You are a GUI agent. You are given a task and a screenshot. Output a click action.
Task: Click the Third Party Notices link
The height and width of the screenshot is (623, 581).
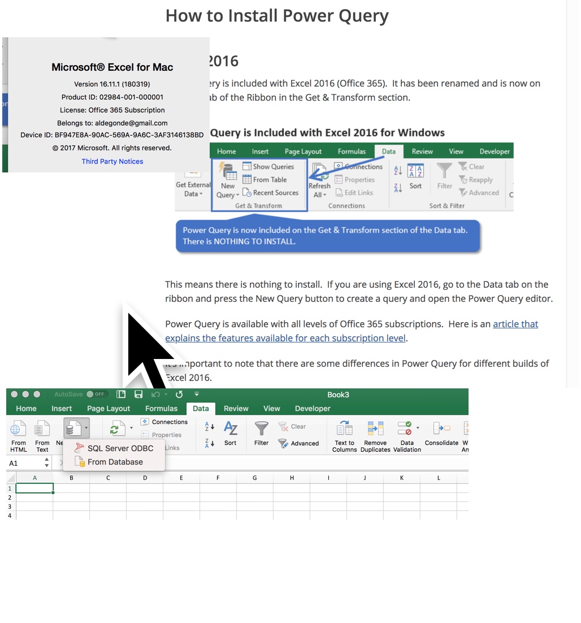(112, 162)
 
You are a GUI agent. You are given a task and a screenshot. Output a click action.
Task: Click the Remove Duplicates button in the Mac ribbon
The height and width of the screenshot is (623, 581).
(375, 435)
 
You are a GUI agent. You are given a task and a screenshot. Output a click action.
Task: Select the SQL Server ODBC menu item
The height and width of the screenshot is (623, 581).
(120, 448)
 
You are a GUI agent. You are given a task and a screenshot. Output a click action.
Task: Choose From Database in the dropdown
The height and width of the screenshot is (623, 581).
(115, 462)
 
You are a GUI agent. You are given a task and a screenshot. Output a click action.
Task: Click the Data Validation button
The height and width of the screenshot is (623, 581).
(407, 435)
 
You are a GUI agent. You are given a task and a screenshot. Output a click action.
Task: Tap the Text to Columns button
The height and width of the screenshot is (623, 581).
(345, 435)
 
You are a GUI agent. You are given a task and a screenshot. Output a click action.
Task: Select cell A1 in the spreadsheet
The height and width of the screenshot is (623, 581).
(34, 488)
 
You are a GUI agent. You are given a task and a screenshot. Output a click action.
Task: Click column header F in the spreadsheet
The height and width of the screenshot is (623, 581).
(218, 478)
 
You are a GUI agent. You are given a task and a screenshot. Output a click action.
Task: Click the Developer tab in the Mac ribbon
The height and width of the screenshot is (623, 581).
(313, 408)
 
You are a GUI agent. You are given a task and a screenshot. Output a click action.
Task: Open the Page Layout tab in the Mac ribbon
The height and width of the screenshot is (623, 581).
(109, 408)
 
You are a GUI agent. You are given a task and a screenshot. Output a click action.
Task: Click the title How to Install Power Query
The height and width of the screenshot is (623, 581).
(277, 16)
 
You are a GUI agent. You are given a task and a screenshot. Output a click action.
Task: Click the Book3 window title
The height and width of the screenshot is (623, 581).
(338, 395)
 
